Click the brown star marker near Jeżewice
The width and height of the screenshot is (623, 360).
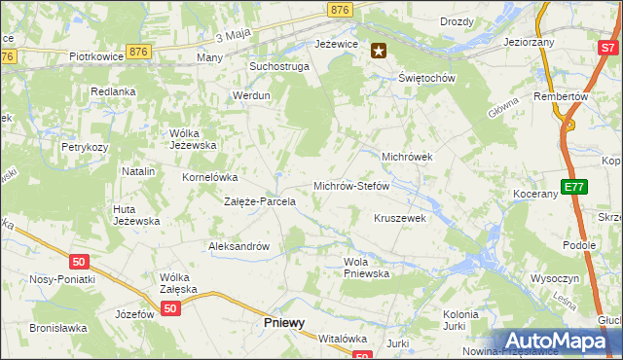click(x=379, y=52)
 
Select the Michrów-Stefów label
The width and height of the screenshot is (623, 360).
click(x=351, y=185)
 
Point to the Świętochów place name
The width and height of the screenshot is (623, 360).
click(x=427, y=78)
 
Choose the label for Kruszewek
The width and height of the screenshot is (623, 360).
click(x=400, y=219)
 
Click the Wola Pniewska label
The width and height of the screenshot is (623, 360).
click(x=366, y=268)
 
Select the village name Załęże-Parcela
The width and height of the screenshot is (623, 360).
click(x=260, y=202)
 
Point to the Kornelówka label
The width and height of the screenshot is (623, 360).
click(x=210, y=178)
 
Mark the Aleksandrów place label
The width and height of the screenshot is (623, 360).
click(x=238, y=247)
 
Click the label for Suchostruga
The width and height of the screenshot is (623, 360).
click(x=278, y=67)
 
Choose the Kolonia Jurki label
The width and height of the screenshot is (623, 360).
click(x=459, y=321)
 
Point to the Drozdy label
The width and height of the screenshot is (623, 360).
click(x=457, y=21)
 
